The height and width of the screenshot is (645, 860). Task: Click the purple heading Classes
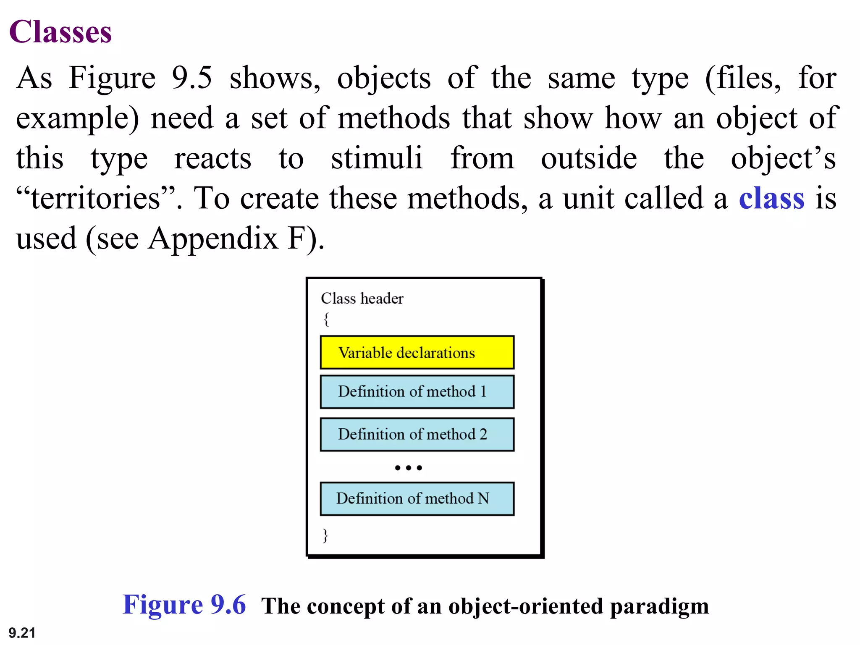[60, 32]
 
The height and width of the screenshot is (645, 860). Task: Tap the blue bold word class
[771, 198]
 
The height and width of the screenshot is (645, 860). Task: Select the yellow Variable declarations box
[417, 352]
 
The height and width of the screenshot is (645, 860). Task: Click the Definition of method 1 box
[417, 392]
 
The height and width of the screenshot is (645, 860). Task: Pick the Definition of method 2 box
[417, 434]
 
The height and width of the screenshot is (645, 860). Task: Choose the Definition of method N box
[417, 498]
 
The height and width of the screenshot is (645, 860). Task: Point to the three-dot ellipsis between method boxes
[408, 467]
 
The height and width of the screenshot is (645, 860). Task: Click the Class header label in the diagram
[362, 299]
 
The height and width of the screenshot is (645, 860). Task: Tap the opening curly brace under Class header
[326, 319]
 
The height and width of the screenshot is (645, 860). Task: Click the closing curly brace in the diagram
[325, 535]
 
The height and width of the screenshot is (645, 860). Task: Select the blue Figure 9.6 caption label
[184, 605]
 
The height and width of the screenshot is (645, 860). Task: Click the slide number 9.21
[22, 632]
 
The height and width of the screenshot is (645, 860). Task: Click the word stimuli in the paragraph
[376, 158]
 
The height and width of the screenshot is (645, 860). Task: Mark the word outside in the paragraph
[589, 158]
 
